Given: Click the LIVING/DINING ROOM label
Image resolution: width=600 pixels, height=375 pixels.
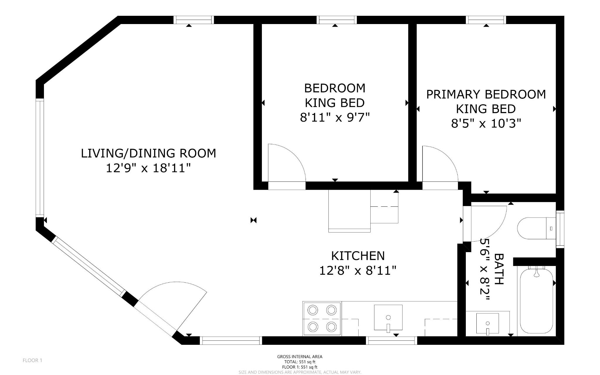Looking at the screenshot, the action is pos(148,153).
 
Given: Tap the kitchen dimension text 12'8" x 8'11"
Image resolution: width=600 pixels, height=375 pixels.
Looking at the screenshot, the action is pos(358,270).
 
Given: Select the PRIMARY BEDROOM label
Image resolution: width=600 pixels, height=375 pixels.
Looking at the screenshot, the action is pos(486,94).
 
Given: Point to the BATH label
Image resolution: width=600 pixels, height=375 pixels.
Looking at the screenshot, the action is pos(499,269).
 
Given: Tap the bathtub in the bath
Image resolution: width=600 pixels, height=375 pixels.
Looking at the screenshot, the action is pos(536,300).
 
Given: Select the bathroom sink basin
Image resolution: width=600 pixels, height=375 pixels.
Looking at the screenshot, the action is pos(487,323).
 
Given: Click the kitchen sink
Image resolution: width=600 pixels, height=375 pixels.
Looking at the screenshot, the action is pos(388,317).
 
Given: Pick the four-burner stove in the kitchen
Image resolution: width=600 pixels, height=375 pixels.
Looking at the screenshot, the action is pos(322,318).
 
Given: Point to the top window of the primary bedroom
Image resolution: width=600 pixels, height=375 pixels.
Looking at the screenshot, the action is pos(486,20).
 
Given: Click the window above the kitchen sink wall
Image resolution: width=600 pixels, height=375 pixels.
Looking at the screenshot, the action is pos(391,340).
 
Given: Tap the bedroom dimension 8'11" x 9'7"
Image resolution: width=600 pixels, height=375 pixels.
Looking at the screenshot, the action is pos(335,118).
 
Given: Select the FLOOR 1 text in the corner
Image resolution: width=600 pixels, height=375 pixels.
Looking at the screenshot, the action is pos(33,360).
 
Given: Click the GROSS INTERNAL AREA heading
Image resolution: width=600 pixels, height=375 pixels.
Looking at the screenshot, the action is pos(300,357).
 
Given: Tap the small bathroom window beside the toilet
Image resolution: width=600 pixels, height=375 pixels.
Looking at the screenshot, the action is pos(560,229).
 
